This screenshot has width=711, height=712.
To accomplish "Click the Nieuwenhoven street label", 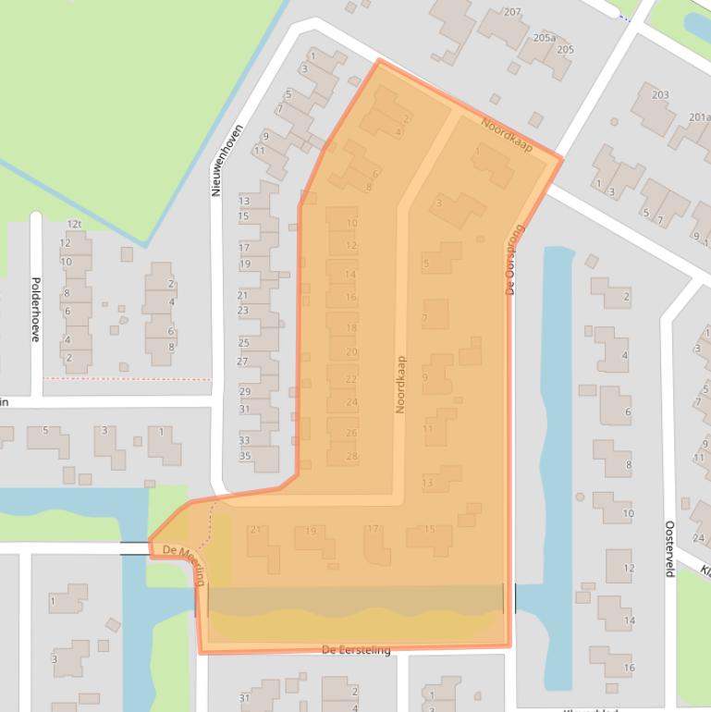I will click(215, 160).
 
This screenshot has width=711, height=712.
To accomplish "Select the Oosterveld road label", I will click(669, 548).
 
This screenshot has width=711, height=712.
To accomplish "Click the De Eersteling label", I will click(356, 650).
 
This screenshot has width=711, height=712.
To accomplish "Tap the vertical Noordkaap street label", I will click(401, 384).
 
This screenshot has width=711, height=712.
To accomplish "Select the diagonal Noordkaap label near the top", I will click(507, 134).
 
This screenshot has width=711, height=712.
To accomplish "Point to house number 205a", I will click(545, 38).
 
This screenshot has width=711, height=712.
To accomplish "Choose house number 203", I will click(660, 95).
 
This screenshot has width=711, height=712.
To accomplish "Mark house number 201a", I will click(699, 117).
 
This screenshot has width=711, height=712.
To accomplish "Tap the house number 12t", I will click(75, 224).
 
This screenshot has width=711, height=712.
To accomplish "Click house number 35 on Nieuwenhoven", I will click(244, 456).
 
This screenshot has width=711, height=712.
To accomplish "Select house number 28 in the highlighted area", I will click(351, 456).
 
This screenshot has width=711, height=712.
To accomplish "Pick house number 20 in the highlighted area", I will click(351, 351).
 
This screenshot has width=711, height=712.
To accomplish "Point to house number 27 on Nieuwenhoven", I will click(243, 361).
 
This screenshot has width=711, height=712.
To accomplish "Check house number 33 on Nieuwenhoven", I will click(244, 440).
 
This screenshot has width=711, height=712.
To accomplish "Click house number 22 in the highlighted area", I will click(351, 379).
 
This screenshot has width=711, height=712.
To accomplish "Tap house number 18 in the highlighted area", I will click(351, 328).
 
